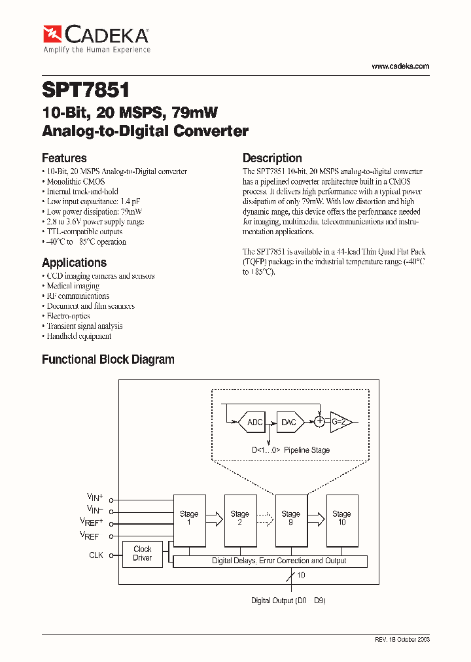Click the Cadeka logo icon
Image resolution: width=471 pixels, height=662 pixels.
click(52, 33)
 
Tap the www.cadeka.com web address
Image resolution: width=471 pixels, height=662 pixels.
click(400, 66)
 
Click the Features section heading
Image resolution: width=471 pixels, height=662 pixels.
click(64, 158)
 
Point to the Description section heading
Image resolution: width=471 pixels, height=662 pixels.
click(272, 158)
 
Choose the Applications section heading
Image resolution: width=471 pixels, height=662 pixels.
click(74, 262)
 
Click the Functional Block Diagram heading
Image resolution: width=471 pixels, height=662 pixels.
click(108, 359)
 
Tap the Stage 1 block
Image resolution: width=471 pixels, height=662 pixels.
click(189, 519)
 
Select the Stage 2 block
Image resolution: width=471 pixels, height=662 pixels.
click(240, 519)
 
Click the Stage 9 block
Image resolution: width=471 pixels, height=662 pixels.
click(290, 519)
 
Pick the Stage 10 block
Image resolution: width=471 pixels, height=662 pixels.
click(341, 519)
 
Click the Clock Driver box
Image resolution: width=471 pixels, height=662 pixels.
click(143, 554)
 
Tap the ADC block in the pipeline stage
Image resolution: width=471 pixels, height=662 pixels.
click(254, 422)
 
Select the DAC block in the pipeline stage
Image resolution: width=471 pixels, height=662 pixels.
click(288, 422)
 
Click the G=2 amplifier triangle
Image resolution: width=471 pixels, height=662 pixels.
click(340, 422)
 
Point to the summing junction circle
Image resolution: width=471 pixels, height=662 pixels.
click(319, 422)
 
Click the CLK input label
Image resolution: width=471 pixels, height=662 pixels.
click(96, 555)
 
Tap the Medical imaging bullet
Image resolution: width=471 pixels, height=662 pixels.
click(73, 286)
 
